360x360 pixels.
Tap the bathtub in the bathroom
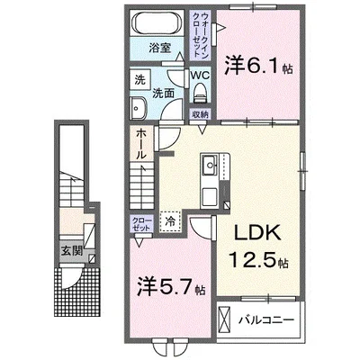[158, 25]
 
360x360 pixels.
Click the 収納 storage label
[200, 114]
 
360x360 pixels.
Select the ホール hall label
[141, 146]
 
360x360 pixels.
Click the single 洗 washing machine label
[139, 77]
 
